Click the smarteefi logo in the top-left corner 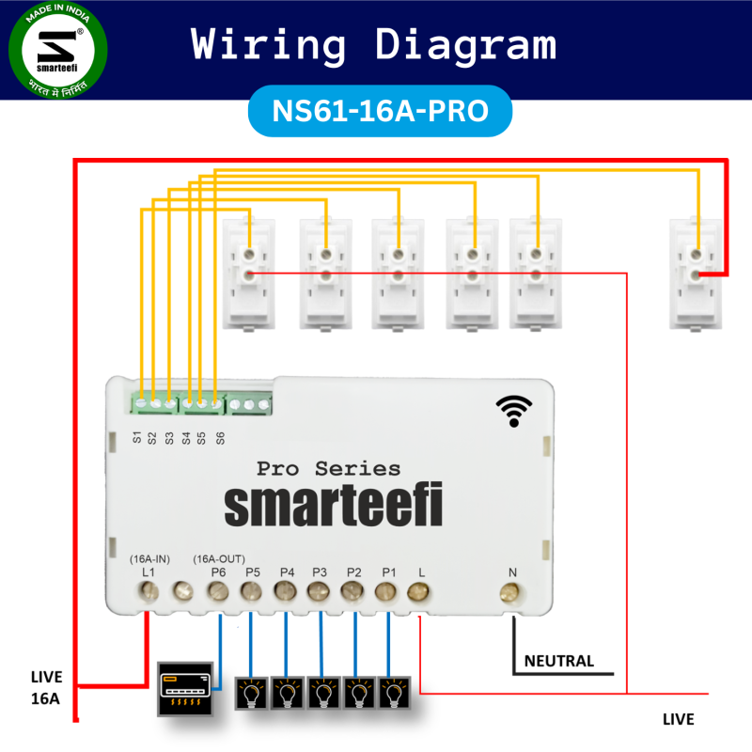click(x=57, y=51)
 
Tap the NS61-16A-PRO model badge click(x=380, y=111)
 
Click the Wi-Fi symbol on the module click(x=513, y=410)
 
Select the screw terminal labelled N click(x=510, y=591)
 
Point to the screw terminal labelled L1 click(x=148, y=591)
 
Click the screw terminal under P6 click(x=217, y=591)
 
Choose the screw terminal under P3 click(x=319, y=591)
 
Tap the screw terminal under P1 click(x=385, y=591)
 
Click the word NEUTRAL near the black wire click(x=558, y=661)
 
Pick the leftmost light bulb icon click(x=251, y=694)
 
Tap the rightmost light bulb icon click(x=391, y=694)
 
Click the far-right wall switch click(x=697, y=273)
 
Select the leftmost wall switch click(x=249, y=273)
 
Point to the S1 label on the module click(x=137, y=437)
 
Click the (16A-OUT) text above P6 click(x=219, y=558)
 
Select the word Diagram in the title click(x=465, y=44)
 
